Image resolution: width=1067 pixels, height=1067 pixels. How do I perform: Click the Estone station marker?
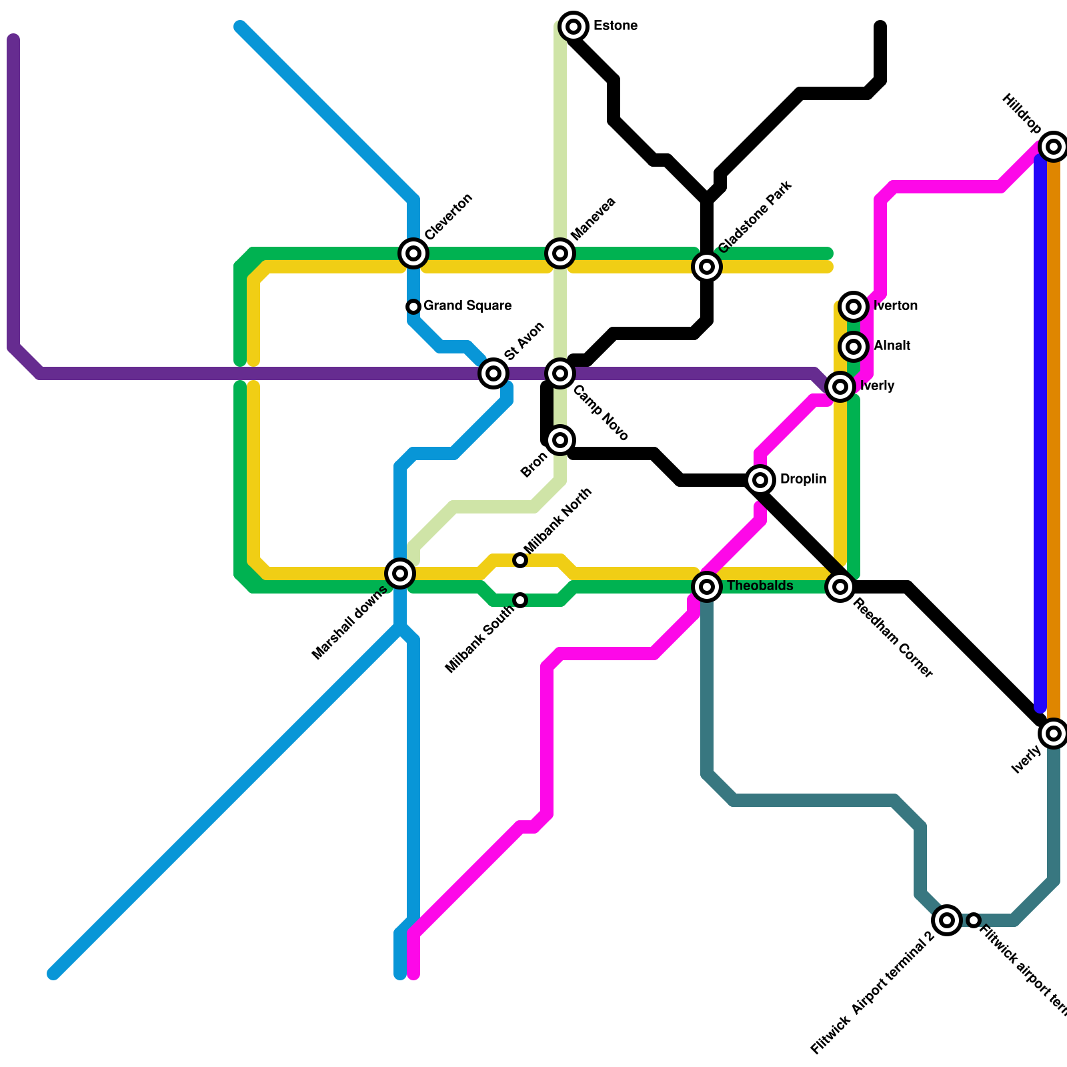point(574,27)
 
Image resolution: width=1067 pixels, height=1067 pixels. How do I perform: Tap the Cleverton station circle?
point(413,253)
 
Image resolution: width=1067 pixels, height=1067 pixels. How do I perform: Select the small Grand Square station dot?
point(413,307)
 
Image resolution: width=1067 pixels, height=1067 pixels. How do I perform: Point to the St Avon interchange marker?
point(493,373)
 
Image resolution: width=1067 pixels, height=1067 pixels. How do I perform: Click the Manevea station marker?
point(560,253)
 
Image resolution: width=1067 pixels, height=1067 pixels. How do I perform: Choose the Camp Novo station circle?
point(560,373)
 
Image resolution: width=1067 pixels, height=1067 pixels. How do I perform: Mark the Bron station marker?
point(560,440)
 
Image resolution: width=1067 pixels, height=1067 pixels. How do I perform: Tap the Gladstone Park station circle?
point(707,267)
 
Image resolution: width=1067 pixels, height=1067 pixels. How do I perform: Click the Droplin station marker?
point(760,480)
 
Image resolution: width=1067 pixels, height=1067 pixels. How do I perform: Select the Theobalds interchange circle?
point(707,587)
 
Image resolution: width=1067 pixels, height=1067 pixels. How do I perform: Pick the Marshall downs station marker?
point(400,574)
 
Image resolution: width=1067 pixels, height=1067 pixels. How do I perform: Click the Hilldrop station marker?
point(1054,147)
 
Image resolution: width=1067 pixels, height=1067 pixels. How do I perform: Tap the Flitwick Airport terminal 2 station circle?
point(947,920)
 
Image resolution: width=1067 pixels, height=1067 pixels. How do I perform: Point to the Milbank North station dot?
point(520,560)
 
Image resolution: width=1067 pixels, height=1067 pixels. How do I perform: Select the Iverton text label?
point(896,306)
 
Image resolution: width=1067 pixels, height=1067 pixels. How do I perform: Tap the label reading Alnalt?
point(892,346)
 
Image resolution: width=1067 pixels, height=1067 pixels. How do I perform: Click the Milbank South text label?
point(480,639)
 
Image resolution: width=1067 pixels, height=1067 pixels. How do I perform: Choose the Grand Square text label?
point(467,306)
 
